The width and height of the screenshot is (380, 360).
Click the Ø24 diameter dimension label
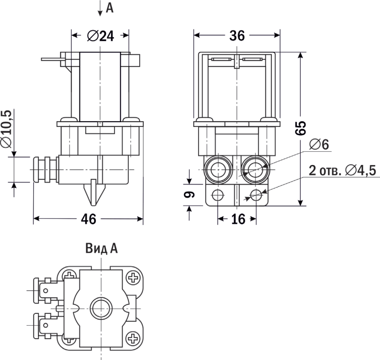point(101,36)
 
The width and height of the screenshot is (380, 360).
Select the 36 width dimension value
point(237,36)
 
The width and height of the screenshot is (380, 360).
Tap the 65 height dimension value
point(300,128)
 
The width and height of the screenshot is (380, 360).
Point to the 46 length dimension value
point(88,219)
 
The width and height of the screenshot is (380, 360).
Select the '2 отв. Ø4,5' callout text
point(342,170)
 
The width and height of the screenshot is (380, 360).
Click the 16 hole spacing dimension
point(237,219)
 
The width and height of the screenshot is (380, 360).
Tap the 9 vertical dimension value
point(189,194)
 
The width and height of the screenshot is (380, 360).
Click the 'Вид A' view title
point(101,248)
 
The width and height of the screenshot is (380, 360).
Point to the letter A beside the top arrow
point(110,8)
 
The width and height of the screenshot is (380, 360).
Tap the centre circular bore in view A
point(100,308)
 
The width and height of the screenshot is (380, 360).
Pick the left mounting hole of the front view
point(218,195)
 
